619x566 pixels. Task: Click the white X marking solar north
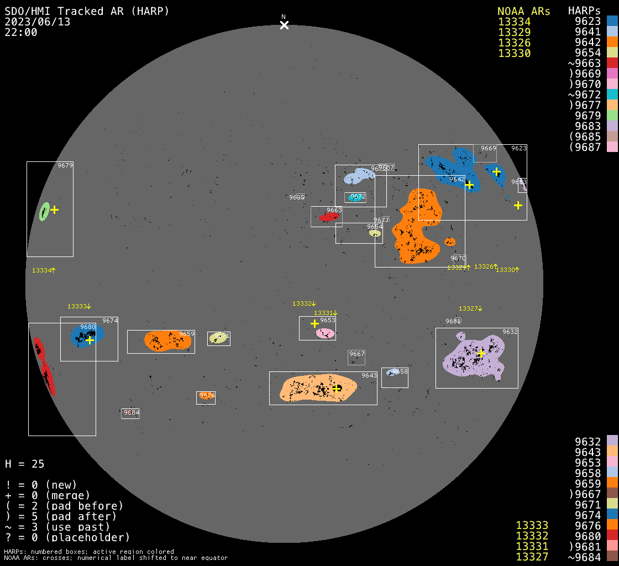coord(284,25)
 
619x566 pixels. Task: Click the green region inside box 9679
coord(44,211)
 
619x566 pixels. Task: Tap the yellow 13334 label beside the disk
coord(44,270)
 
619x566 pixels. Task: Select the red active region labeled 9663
coord(329,217)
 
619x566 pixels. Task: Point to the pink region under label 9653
coord(325,333)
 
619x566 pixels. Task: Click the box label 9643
coord(369,376)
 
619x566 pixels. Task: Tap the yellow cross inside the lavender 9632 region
coord(481,353)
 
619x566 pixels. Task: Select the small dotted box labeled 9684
coord(131,413)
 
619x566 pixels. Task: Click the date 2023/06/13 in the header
coord(38,22)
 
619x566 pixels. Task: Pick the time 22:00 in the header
coord(21,32)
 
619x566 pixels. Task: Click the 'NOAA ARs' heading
coord(523,11)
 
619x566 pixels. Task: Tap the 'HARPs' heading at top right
coord(584,11)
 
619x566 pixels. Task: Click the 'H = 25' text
coord(25,464)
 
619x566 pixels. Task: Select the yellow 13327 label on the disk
coord(470,308)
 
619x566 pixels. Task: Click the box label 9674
coord(110,321)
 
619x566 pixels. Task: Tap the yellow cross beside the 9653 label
coord(314,323)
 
